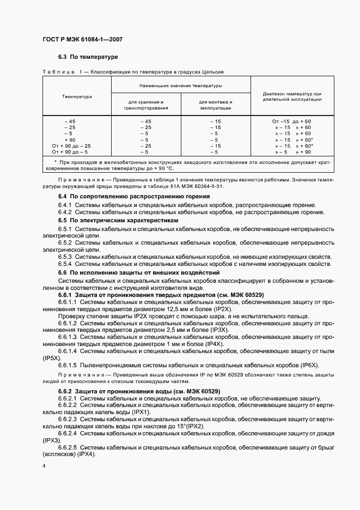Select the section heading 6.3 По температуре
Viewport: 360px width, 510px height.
tap(88, 57)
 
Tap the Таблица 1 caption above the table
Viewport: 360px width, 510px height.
tap(132, 72)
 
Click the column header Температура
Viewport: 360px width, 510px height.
tap(77, 96)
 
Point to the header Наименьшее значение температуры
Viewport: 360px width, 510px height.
tap(180, 86)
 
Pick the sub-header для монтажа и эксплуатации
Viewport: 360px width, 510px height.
tap(215, 105)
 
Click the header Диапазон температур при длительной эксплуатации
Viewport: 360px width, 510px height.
tap(292, 96)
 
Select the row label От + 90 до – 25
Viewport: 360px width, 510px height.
tap(71, 146)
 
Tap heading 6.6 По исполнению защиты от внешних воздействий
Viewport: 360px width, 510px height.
tap(139, 272)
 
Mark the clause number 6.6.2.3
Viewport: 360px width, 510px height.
tap(69, 420)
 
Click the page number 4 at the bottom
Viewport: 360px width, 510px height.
tap(44, 466)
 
